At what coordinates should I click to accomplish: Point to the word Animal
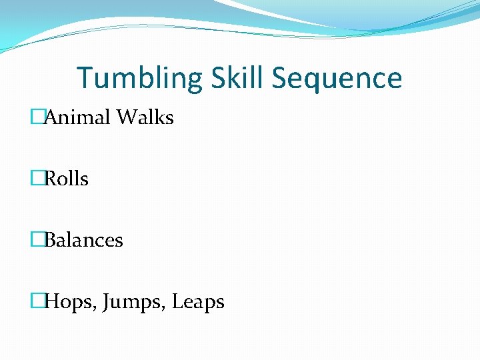coord(77,117)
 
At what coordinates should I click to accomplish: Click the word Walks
coord(145,117)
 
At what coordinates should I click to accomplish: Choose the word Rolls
coord(67,179)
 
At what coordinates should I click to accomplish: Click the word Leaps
coord(198,302)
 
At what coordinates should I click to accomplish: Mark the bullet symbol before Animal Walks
coord(37,117)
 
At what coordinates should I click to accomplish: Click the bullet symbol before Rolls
coord(37,179)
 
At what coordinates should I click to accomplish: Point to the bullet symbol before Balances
coord(37,240)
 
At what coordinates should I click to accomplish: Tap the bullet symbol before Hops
coord(37,301)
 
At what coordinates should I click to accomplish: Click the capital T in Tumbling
coord(85,78)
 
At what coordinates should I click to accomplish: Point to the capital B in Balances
coord(51,240)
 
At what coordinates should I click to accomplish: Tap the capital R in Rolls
coord(51,179)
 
